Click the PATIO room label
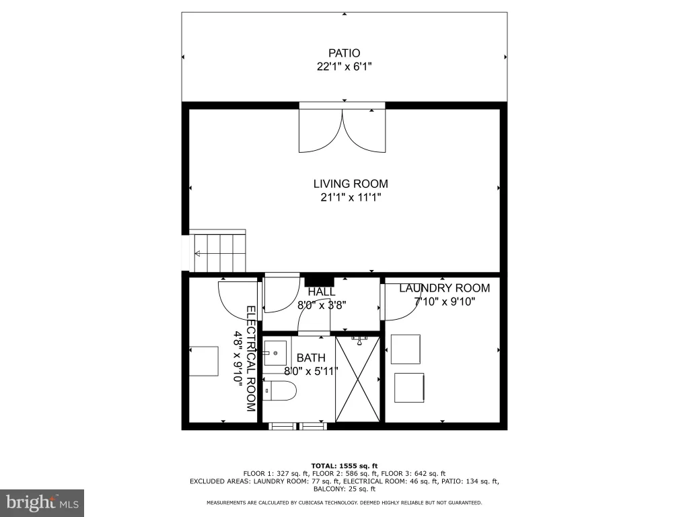point(344,53)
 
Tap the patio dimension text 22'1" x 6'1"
point(344,67)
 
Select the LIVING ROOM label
point(351,184)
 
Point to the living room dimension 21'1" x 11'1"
point(351,197)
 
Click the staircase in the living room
point(217,250)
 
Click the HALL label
point(322,291)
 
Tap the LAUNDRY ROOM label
point(444,288)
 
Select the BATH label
point(311,358)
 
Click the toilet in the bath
point(280,390)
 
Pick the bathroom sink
point(275,353)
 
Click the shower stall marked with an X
point(358,379)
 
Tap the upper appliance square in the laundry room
point(406,349)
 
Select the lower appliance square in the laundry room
point(409,387)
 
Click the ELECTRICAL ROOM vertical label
point(250,359)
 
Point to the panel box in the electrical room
point(204,361)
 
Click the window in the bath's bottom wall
point(298,426)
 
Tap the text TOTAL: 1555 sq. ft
point(344,466)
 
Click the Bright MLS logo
point(42,502)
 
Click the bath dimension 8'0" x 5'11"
point(311,372)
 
